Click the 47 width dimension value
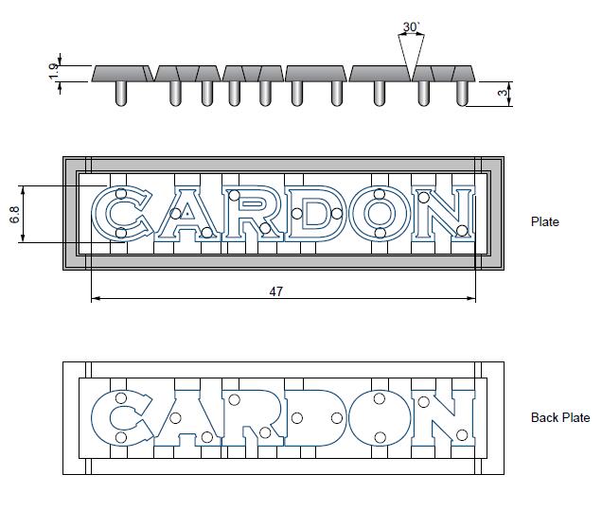(276, 291)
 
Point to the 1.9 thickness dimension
(55, 68)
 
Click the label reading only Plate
(544, 221)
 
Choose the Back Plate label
(560, 417)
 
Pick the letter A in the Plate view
(186, 215)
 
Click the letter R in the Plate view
(250, 215)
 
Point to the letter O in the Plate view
(379, 215)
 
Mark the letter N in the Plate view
(443, 215)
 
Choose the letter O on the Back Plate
(379, 418)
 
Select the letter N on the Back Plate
(443, 418)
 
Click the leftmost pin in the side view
(121, 93)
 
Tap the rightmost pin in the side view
(463, 93)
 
